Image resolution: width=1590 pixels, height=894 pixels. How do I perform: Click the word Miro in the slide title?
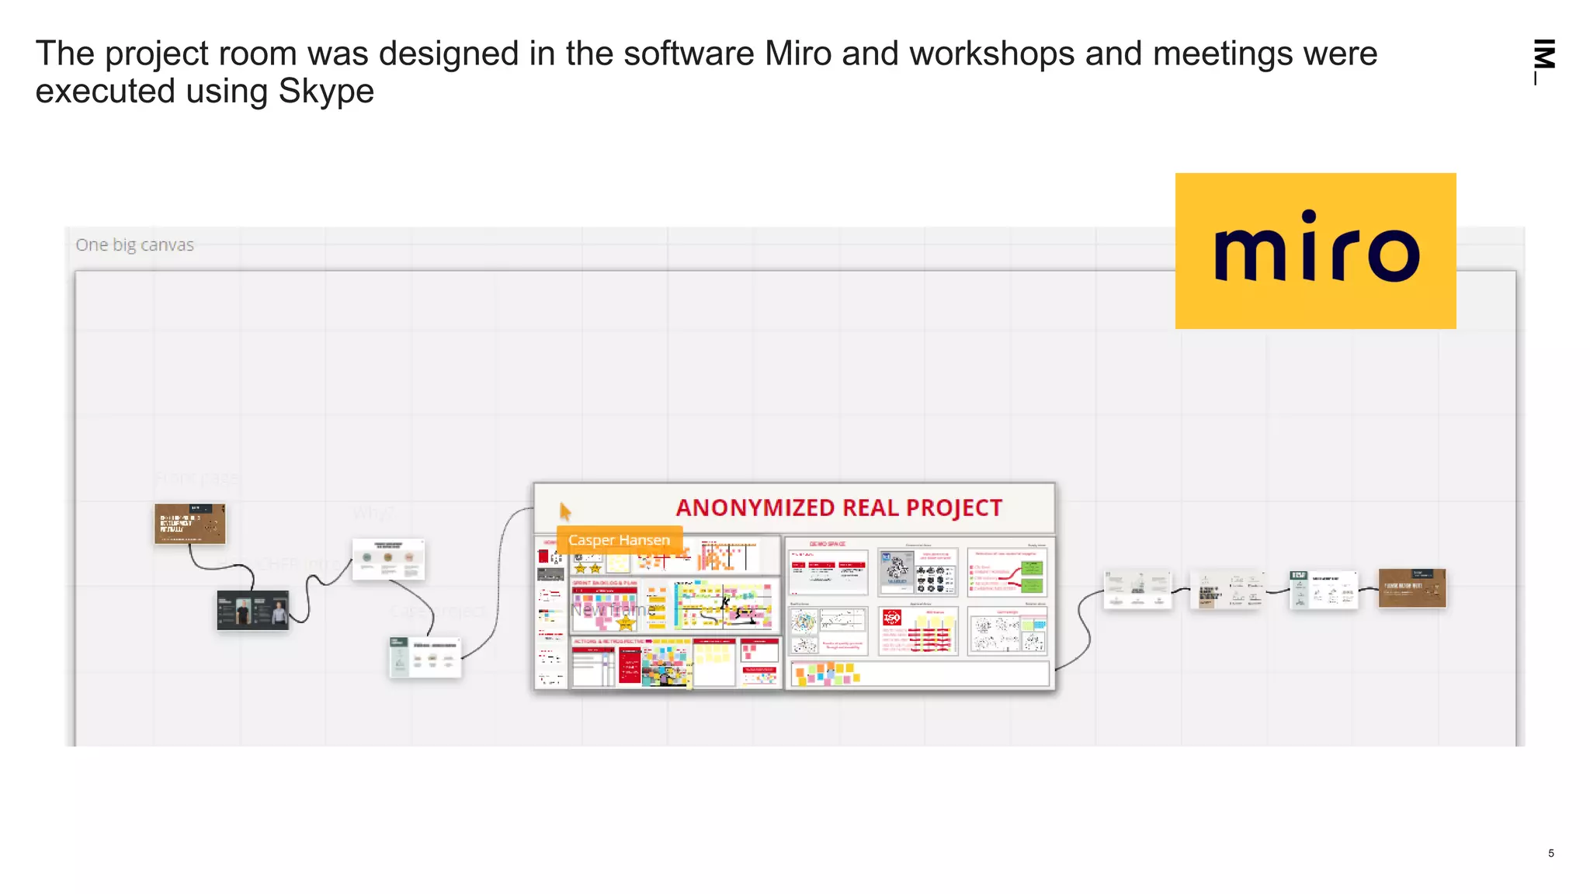click(x=799, y=54)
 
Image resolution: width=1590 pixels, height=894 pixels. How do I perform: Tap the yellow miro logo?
click(x=1315, y=250)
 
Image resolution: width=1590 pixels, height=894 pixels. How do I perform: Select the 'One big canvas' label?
click(x=134, y=244)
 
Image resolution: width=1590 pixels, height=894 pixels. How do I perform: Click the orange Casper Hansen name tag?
click(x=619, y=539)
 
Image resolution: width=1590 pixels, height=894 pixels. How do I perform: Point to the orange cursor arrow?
click(x=564, y=511)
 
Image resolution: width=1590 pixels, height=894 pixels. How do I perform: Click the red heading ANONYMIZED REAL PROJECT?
click(x=838, y=508)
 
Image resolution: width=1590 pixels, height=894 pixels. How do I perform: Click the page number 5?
click(x=1550, y=853)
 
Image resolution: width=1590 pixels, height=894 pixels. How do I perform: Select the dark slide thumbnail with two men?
click(x=252, y=609)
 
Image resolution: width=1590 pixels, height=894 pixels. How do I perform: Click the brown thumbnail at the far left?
click(x=189, y=523)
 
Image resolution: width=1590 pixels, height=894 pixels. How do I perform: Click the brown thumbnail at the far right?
click(x=1411, y=587)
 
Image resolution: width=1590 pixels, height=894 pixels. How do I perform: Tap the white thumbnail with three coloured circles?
click(x=388, y=559)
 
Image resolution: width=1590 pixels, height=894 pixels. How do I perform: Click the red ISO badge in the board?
click(x=892, y=618)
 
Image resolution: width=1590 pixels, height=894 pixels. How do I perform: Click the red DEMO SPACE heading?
click(x=827, y=544)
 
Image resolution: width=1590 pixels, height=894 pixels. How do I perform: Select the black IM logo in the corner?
click(x=1544, y=58)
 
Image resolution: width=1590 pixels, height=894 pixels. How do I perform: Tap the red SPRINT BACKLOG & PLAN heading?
click(x=605, y=582)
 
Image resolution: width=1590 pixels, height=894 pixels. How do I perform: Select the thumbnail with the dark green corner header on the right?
click(x=1323, y=589)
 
